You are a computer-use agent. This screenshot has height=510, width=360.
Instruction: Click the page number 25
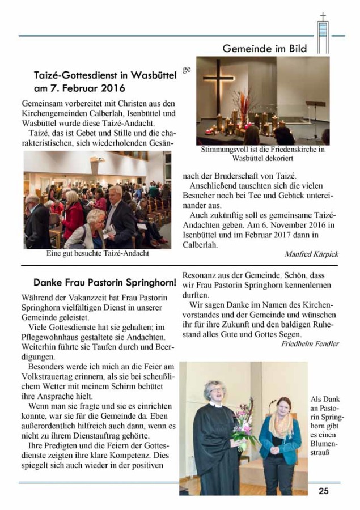(323, 491)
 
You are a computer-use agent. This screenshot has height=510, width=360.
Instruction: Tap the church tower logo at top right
(323, 33)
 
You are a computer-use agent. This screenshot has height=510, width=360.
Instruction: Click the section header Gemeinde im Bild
(264, 49)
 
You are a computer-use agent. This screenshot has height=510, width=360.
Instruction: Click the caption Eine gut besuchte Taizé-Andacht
(98, 253)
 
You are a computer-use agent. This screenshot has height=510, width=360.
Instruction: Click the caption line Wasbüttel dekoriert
(262, 159)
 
